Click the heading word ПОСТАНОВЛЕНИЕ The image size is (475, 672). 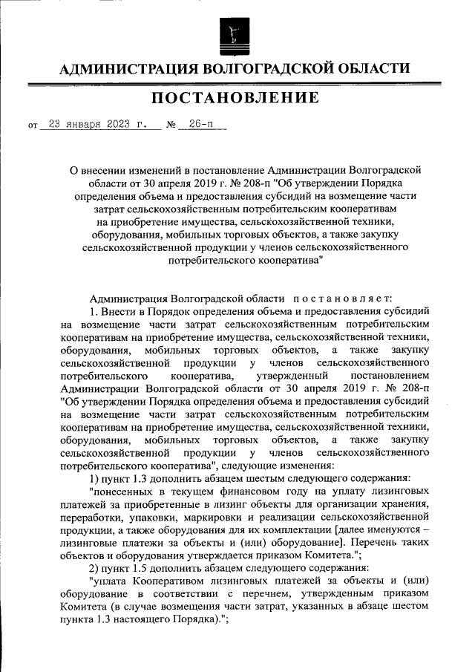(x=237, y=98)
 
